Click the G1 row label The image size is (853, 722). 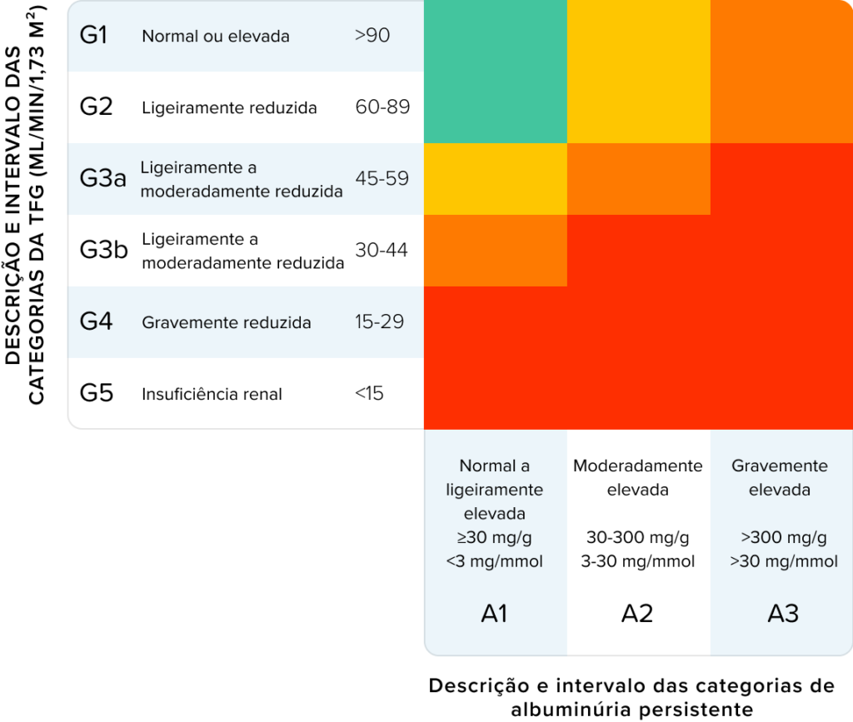tap(93, 35)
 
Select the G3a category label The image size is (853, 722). tap(102, 177)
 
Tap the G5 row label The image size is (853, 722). tap(97, 392)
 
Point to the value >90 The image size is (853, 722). tap(372, 35)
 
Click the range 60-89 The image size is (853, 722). tap(382, 107)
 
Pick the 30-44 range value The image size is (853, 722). tap(382, 250)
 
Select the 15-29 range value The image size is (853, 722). tap(379, 321)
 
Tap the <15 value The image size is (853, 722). tap(369, 392)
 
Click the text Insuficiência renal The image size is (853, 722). tap(212, 394)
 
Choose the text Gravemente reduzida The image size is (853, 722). tap(227, 322)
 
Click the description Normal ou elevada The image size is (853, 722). tap(216, 36)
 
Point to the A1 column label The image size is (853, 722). tap(495, 613)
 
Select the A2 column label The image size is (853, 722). tap(637, 613)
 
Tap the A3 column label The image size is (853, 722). tap(783, 613)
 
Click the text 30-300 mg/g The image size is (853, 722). tap(637, 538)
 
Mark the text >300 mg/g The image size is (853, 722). tap(784, 538)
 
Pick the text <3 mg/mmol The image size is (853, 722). tap(495, 561)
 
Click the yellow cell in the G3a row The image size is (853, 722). tap(496, 179)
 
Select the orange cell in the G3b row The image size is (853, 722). tap(496, 251)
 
